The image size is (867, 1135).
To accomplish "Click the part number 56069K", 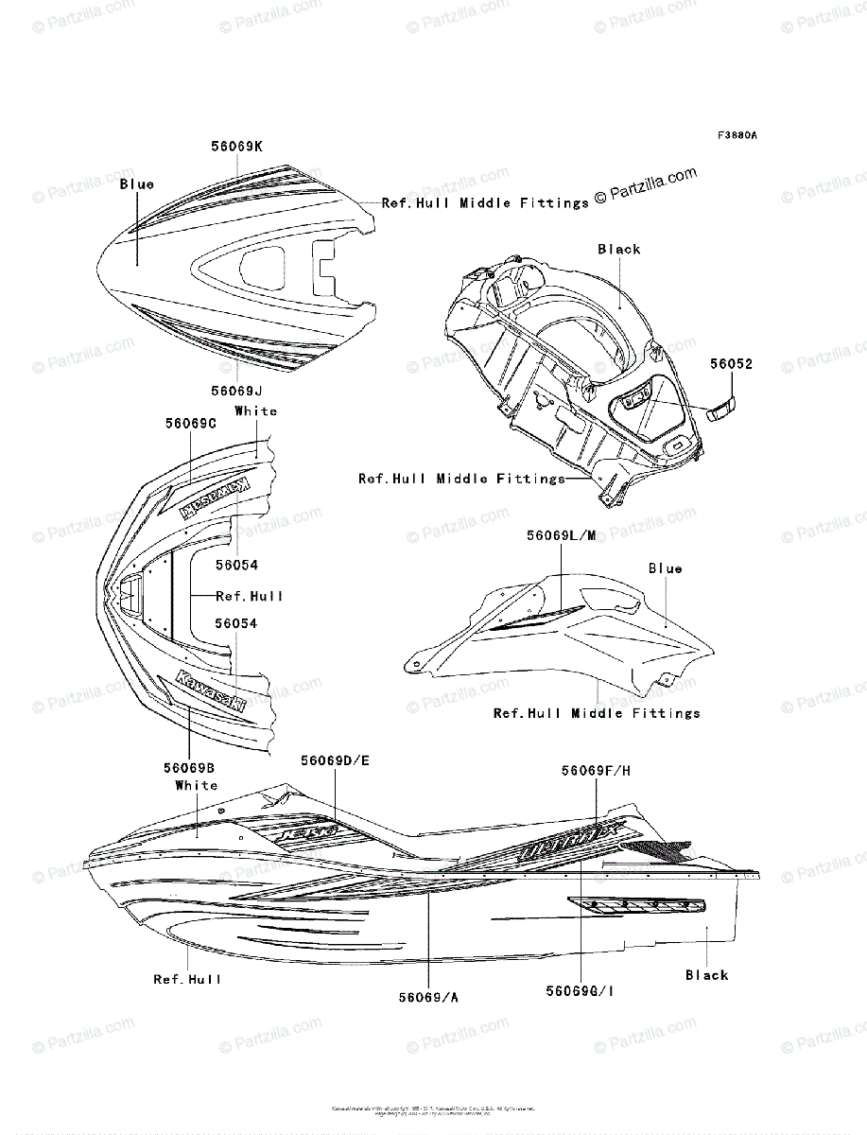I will (236, 147).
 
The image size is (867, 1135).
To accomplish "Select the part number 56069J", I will (236, 391).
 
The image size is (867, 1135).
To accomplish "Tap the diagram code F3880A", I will (737, 135).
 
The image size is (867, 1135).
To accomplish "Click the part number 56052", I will (732, 363).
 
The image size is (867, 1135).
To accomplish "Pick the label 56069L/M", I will (562, 536).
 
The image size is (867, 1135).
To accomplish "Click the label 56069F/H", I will (596, 771).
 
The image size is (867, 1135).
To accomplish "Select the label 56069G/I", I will (581, 990).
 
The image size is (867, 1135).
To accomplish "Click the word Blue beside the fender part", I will (665, 568).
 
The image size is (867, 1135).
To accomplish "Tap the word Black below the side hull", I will (707, 975).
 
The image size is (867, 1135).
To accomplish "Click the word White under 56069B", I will (197, 785).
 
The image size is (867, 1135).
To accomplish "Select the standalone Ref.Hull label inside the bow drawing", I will (250, 596).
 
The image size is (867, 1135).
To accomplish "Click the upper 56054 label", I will (236, 565).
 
